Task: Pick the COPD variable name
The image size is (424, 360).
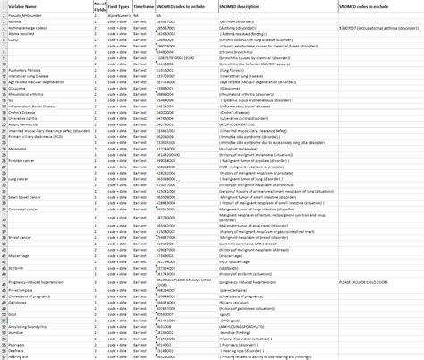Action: [x=14, y=41]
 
